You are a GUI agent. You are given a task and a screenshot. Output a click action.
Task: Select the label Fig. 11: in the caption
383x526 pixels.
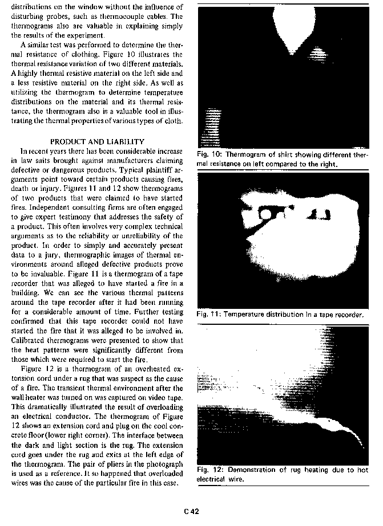pos(208,314)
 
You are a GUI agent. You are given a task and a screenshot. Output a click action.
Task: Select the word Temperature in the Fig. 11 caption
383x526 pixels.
pos(248,314)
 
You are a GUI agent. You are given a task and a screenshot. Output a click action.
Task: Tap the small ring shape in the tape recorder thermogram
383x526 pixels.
pos(267,214)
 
